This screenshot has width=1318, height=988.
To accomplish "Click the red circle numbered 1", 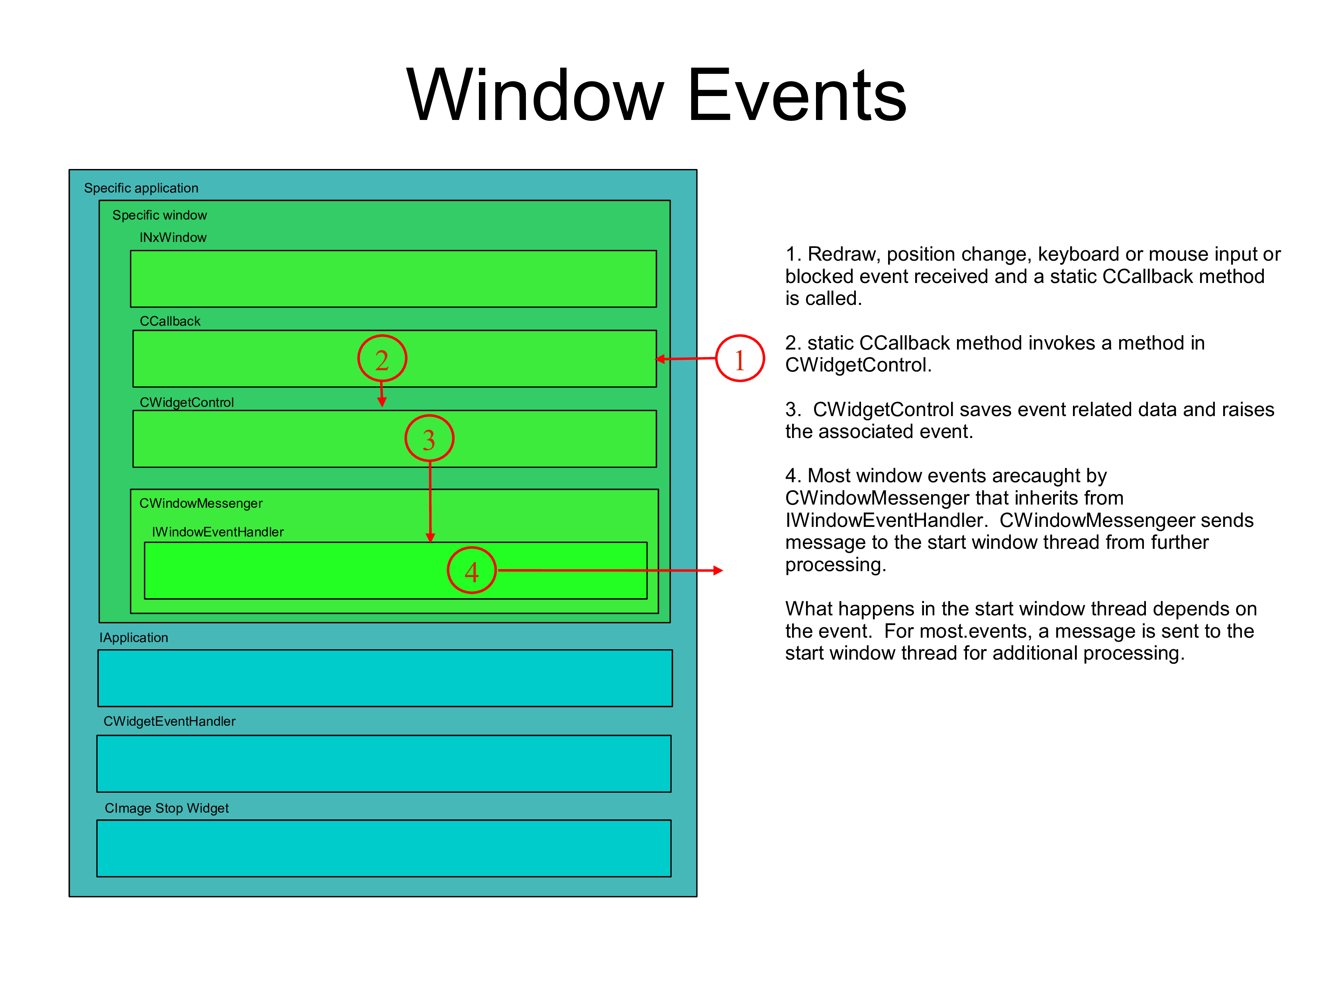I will point(739,359).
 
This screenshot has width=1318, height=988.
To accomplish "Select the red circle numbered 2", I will point(382,359).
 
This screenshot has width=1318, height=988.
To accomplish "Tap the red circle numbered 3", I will point(429,438).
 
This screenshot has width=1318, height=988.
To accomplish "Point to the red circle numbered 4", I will point(471,571).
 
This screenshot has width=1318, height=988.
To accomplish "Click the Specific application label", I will point(141,188).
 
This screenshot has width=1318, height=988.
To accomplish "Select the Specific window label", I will point(160,215).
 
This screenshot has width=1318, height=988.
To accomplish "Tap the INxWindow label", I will point(173,238).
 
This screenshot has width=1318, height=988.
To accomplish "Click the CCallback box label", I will point(170,321).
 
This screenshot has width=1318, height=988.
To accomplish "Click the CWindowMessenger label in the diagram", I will point(201,503).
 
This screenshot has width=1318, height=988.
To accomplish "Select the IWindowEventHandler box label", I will point(218,532).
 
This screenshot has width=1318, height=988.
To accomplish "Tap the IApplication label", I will point(134,638).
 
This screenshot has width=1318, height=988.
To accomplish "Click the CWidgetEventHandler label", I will point(170,722).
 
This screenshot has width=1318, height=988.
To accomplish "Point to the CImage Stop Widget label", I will point(167,809).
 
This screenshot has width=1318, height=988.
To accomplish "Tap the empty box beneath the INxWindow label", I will point(393,279).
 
